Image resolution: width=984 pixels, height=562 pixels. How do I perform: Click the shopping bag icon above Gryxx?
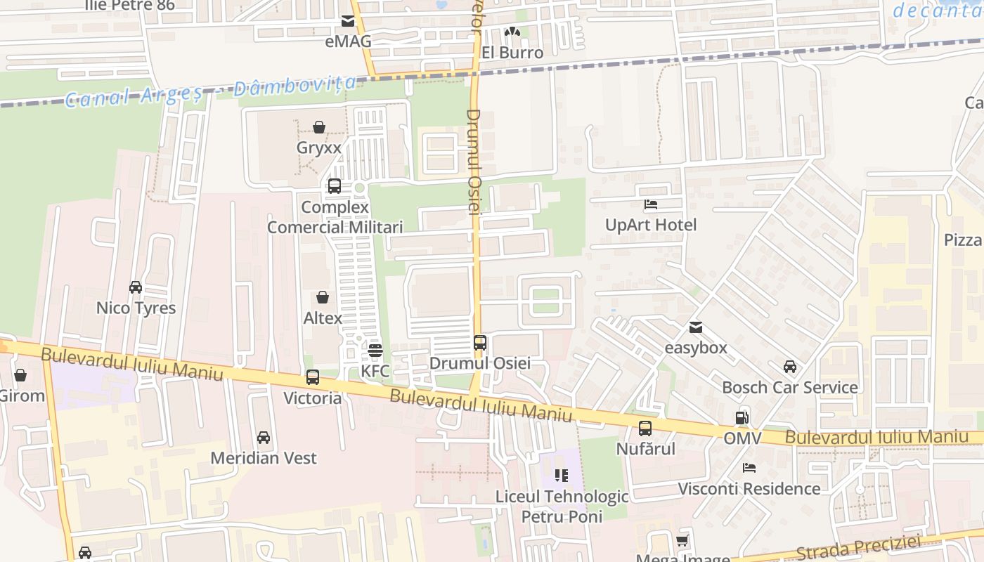point(319,127)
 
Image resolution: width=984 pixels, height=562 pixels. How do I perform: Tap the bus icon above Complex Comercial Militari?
point(335,186)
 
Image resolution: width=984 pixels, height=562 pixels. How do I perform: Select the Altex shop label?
point(323,318)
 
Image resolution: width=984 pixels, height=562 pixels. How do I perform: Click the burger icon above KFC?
point(375,350)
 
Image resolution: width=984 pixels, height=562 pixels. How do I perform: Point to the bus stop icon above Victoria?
point(313,377)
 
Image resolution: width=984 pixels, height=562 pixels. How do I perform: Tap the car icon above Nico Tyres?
point(136,287)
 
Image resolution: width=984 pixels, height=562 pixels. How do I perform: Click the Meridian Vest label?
point(264,458)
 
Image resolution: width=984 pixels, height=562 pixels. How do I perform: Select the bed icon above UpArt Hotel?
point(651,204)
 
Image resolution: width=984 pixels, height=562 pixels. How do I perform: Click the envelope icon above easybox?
point(695,327)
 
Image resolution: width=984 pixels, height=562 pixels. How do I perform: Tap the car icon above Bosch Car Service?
point(790,367)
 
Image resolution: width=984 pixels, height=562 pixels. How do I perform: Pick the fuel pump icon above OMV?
point(742,417)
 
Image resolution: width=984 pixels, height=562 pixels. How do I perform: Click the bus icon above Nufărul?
point(645,428)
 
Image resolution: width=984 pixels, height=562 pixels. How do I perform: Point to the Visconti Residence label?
point(749,488)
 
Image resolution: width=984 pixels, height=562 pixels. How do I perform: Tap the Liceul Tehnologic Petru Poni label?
point(562,507)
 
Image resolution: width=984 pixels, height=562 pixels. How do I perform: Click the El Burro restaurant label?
point(512,53)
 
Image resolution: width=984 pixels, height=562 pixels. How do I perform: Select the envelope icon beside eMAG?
point(348,21)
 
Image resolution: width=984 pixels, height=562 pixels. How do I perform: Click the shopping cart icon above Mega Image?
point(682,540)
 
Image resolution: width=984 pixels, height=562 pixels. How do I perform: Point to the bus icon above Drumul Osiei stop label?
point(480,343)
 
